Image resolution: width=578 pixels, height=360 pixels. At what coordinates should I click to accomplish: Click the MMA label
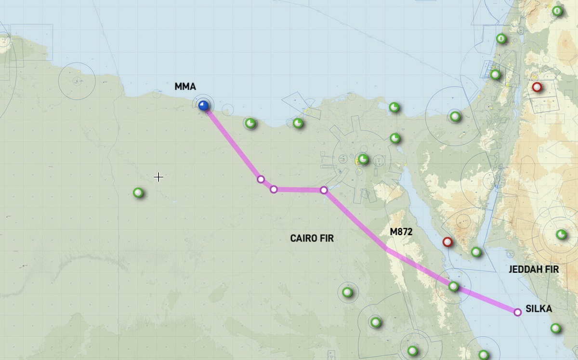point(185,87)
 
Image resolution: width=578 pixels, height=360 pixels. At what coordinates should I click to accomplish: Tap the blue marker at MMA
point(203,105)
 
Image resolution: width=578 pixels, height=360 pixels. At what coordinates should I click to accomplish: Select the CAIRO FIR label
point(312,238)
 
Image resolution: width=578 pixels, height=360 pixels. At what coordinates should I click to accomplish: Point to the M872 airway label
point(401,232)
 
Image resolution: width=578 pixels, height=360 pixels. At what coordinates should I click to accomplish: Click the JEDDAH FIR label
point(534,269)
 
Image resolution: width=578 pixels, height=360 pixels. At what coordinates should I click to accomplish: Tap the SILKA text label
point(539,309)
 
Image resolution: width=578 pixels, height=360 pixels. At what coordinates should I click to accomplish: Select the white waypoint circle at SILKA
point(518,312)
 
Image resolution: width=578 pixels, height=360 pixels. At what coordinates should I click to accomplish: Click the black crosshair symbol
point(158,177)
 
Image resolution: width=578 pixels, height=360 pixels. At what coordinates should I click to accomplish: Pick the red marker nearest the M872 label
point(447,242)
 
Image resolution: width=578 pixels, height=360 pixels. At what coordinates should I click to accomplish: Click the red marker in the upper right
point(537,87)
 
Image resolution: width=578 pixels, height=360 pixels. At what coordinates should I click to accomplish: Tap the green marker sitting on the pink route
point(453,286)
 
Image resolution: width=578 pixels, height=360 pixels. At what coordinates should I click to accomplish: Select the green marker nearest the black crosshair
point(138,193)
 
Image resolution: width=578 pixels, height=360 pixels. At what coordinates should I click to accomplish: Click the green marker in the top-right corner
point(557,11)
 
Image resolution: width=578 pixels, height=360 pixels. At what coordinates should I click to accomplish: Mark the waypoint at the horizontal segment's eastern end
point(324,190)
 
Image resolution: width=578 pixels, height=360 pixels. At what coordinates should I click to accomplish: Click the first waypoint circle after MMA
point(261,179)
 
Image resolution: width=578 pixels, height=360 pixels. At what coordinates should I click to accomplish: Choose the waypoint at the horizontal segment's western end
point(274,189)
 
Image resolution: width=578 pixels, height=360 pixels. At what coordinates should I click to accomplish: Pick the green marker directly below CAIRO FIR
point(347,292)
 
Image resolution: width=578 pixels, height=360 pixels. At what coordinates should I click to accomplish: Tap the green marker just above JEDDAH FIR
point(561,234)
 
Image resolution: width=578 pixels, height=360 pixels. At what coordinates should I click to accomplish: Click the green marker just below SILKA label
point(556,329)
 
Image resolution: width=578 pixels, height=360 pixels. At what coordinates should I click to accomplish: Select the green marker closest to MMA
point(250,123)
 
